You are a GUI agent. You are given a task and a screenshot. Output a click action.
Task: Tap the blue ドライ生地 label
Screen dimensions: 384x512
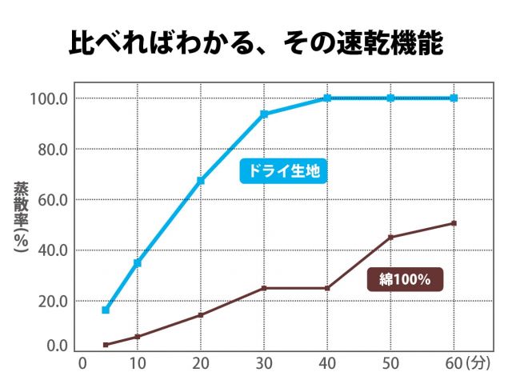[x=284, y=171]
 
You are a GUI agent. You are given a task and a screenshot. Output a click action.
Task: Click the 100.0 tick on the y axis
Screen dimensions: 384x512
[x=50, y=98]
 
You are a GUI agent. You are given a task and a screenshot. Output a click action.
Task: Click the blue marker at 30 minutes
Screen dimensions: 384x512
[x=264, y=114]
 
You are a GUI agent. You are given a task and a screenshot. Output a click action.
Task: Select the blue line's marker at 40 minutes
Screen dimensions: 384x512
[x=327, y=98]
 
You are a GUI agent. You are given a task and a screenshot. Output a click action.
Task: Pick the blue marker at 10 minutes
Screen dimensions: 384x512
[x=138, y=262]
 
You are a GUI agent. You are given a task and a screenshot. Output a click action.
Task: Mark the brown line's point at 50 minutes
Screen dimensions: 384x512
[x=391, y=237]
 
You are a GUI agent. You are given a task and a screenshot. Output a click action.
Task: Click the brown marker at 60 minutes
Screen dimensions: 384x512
[x=454, y=223]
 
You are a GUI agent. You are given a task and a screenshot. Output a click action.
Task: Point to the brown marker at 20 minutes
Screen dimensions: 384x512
[x=201, y=314]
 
